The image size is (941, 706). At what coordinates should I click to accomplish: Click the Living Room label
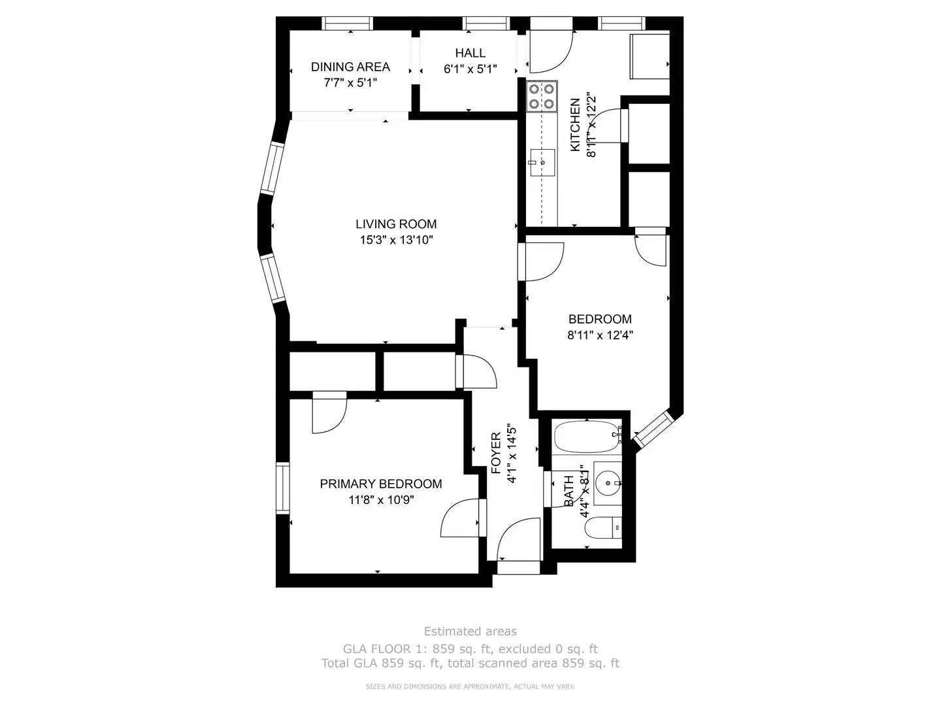pos(396,224)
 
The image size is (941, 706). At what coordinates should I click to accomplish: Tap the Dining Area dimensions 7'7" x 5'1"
pos(350,82)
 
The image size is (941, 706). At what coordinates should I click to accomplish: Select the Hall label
pos(470,53)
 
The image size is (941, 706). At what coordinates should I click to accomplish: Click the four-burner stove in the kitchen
pos(542,96)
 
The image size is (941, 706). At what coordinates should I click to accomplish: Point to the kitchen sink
pos(542,163)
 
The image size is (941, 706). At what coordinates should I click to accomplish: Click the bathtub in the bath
pos(587,437)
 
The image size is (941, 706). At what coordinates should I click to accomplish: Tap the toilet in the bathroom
pos(603,528)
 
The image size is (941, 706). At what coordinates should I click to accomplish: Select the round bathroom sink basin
pos(608,483)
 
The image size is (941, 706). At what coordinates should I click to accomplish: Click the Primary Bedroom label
pos(381,484)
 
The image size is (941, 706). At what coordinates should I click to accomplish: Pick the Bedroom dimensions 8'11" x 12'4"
pos(600,335)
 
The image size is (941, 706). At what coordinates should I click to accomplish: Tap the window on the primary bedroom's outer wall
pos(282,488)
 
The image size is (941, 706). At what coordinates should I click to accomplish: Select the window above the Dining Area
pos(347,23)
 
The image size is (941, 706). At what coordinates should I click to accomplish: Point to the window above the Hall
pos(486,23)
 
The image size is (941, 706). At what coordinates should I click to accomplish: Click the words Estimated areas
pos(470,631)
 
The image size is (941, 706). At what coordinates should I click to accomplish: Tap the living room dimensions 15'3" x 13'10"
pos(396,240)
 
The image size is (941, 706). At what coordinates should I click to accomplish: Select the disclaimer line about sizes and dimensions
pos(470,686)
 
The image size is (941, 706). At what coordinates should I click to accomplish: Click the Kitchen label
pos(575,125)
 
